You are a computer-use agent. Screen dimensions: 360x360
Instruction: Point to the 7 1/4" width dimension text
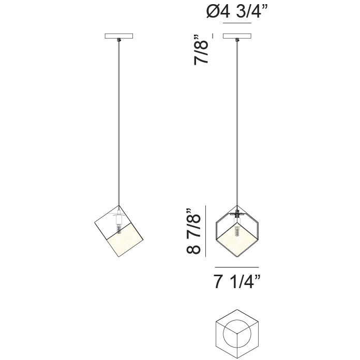(x=237, y=282)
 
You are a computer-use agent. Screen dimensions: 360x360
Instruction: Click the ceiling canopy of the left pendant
(x=119, y=36)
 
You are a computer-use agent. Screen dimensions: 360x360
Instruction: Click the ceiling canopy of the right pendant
(x=237, y=36)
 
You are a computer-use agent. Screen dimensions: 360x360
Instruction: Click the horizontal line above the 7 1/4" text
(x=237, y=266)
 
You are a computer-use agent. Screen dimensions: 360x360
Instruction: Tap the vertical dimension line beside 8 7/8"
(x=206, y=231)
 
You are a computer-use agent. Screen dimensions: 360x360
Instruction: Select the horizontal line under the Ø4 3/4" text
(x=237, y=24)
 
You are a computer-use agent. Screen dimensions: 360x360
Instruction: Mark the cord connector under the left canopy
(x=119, y=40)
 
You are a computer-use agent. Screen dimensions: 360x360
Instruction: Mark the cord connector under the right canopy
(x=238, y=40)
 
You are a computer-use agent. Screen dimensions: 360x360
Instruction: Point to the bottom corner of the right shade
(x=237, y=259)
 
